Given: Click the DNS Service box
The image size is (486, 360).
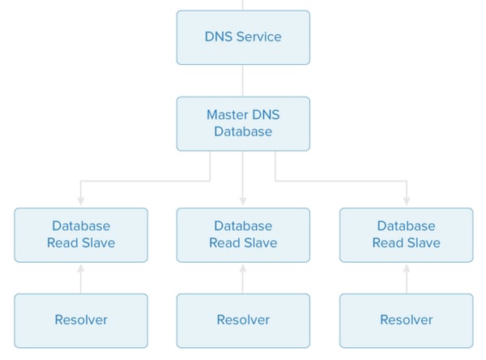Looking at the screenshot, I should click(243, 37).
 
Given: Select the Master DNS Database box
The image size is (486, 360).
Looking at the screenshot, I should click(243, 123).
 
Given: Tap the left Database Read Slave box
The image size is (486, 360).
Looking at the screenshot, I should click(81, 234).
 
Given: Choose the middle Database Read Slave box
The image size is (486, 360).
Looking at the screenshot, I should click(243, 234).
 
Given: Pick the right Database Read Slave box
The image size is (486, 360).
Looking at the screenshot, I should click(406, 234).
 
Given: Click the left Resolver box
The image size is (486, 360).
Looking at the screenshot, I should click(81, 319).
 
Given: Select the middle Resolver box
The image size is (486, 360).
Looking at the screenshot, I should click(243, 319).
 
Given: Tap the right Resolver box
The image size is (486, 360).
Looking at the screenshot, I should click(406, 319).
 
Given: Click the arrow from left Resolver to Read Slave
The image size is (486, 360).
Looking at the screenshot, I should click(81, 279).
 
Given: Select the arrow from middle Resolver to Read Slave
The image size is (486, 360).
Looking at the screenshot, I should click(243, 279).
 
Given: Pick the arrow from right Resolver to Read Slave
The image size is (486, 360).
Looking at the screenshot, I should click(406, 279).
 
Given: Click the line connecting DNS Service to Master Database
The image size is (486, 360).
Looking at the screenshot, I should click(243, 80).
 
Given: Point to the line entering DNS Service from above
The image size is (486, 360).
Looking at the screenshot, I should click(243, 5).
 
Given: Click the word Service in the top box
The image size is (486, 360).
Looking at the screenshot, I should click(261, 37).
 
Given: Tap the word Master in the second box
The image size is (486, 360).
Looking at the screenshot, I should click(228, 114).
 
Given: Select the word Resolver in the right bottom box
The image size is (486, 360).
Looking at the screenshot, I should click(406, 319).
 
